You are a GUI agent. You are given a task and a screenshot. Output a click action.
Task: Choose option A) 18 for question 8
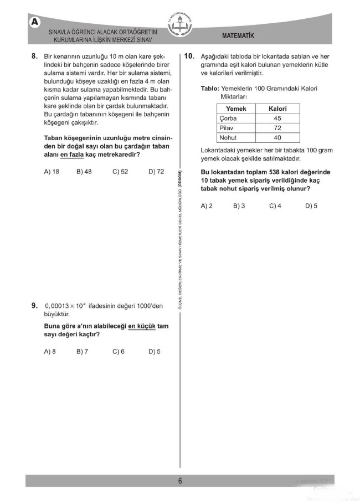[x=52, y=172]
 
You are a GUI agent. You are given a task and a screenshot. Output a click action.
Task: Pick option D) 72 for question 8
[x=156, y=172]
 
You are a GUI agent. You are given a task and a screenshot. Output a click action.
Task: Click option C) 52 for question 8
[x=120, y=172]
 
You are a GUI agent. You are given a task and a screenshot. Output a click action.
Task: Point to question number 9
[x=34, y=305]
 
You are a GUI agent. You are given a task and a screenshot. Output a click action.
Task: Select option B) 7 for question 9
[x=83, y=351]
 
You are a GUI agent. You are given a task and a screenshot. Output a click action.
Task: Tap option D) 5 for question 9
[x=155, y=351]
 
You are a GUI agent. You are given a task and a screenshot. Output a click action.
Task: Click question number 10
[x=189, y=56]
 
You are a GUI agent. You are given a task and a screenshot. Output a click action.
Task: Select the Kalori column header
[x=277, y=109]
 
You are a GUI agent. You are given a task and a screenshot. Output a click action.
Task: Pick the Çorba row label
[x=228, y=119]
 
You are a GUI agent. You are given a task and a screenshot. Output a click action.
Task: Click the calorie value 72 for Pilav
[x=277, y=128]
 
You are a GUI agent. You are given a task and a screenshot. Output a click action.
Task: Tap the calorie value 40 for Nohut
[x=277, y=138]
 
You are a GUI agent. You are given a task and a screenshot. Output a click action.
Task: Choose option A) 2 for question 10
[x=207, y=205]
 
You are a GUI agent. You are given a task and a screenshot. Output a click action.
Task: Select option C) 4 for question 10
[x=275, y=205]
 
